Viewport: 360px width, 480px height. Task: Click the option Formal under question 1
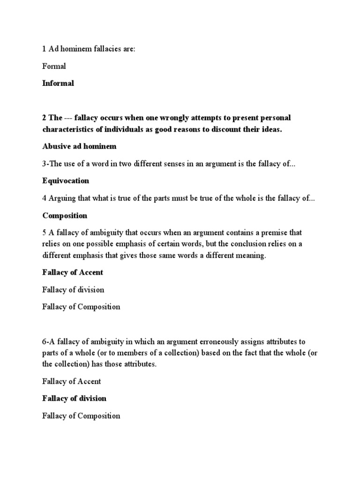click(54, 66)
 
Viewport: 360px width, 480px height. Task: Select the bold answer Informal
click(58, 83)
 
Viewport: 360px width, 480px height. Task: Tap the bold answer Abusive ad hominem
click(79, 146)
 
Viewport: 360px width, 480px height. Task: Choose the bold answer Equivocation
click(66, 180)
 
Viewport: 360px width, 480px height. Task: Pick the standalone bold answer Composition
click(65, 215)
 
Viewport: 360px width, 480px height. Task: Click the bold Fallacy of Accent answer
click(73, 272)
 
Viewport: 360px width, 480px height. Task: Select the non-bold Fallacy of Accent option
click(71, 381)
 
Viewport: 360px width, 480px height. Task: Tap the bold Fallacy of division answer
click(74, 398)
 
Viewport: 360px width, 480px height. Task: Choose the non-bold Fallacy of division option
click(73, 290)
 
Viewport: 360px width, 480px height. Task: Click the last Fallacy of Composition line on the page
click(81, 415)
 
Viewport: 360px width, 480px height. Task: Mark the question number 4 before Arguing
click(45, 198)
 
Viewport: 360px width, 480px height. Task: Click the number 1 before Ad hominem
click(44, 49)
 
